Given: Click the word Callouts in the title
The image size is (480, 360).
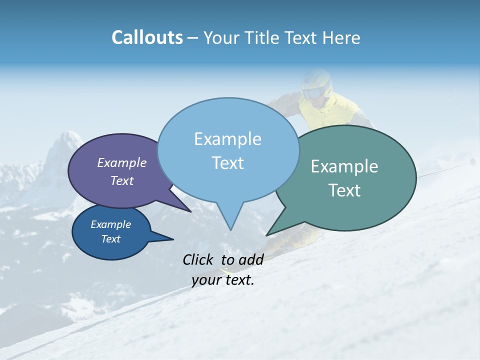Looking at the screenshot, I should click(x=147, y=37).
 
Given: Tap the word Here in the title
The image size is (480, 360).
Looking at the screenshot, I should click(x=340, y=37).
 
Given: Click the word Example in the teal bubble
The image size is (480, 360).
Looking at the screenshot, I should click(x=344, y=166).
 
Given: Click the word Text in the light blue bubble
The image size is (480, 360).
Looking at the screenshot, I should click(x=227, y=163).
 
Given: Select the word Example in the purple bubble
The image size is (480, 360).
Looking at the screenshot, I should click(x=121, y=162).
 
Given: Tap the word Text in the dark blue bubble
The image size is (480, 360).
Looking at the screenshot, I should click(x=111, y=239).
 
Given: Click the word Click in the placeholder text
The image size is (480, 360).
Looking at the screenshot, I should click(x=199, y=259).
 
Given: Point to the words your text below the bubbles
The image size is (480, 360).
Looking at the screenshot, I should click(x=223, y=280).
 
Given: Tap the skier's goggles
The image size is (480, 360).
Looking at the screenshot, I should click(x=313, y=93).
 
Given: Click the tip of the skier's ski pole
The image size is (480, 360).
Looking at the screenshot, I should click(x=472, y=161).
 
